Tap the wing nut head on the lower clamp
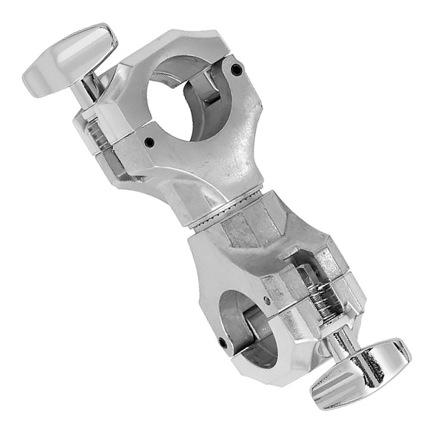tap(360, 373)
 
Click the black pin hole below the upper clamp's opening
tap(149, 142)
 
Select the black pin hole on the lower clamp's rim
tap(222, 342)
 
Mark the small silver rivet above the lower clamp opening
tap(267, 300)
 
